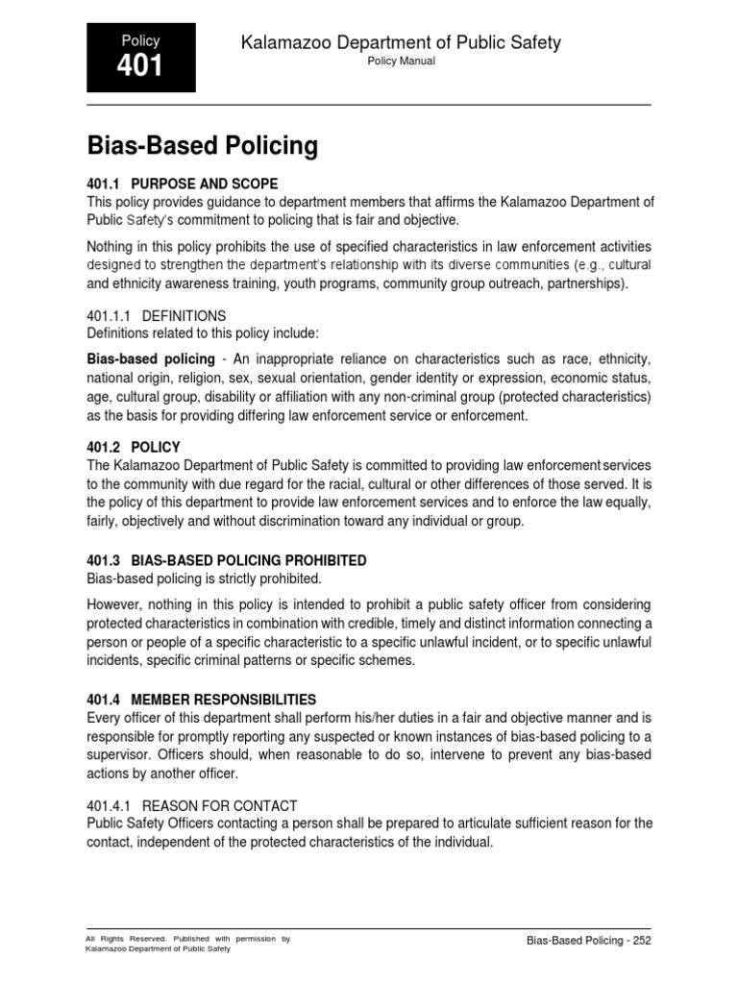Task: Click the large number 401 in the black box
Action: (x=140, y=66)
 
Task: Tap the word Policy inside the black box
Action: (x=140, y=40)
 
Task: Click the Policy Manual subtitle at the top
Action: (x=403, y=61)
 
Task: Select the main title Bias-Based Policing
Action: (x=203, y=146)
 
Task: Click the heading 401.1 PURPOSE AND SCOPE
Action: (x=183, y=184)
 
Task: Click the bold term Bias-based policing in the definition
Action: (x=151, y=359)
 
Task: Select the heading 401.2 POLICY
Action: (x=134, y=447)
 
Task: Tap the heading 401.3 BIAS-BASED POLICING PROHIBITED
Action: (x=227, y=560)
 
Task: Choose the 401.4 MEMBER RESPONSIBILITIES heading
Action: (x=202, y=700)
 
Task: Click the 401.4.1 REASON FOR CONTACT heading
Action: (x=192, y=805)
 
